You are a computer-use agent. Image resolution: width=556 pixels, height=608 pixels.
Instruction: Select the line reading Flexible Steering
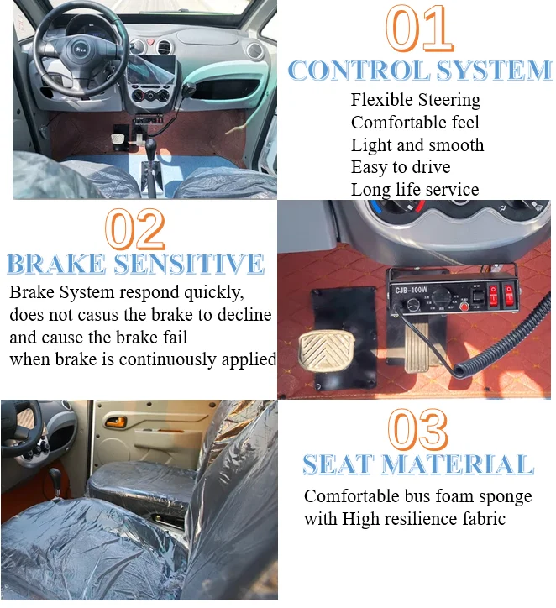[x=415, y=100]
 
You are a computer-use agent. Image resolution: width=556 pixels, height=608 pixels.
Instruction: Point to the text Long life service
[x=415, y=190]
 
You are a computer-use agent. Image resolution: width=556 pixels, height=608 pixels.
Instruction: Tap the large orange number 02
[x=135, y=229]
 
